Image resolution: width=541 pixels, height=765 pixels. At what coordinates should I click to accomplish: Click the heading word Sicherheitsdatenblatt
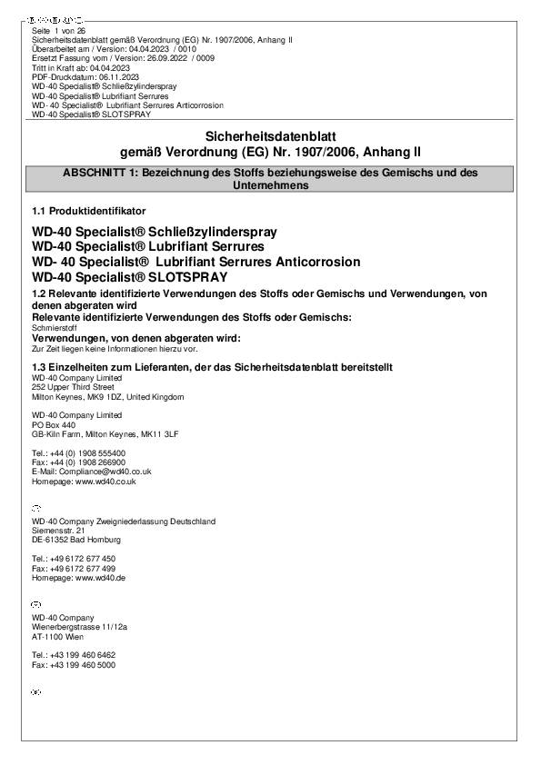pos(270,135)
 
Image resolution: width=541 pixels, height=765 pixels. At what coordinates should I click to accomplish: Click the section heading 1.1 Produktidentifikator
pos(88,211)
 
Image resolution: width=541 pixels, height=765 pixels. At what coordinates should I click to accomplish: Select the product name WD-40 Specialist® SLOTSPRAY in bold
pos(129,276)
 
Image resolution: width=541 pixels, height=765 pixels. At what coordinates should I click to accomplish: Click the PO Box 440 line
pos(54,424)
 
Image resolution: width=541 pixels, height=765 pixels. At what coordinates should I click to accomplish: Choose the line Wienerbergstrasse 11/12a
pos(79,627)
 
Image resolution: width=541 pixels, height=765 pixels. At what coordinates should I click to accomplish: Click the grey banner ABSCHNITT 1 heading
pos(270,178)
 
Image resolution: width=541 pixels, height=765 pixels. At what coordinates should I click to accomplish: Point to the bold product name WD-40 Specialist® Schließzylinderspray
pos(155,232)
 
